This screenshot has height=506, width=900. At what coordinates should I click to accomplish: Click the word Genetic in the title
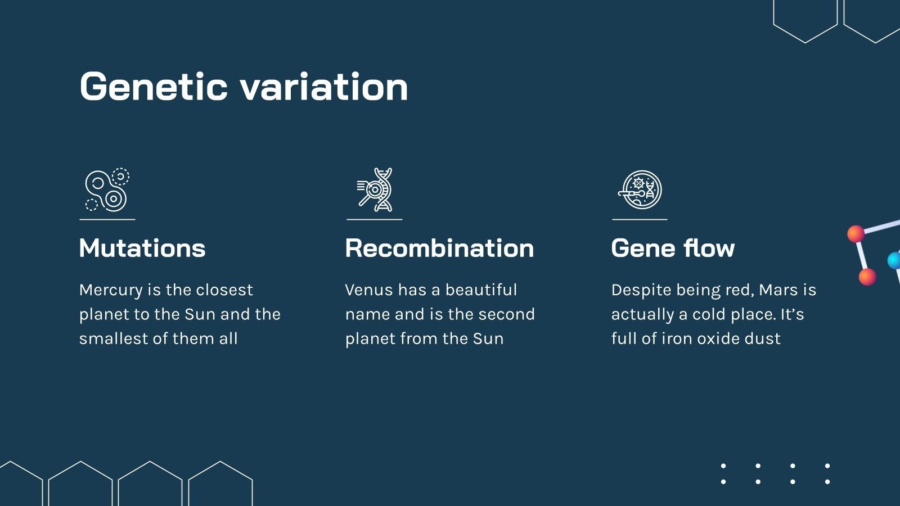tap(154, 87)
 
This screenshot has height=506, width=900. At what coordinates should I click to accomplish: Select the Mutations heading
tap(142, 248)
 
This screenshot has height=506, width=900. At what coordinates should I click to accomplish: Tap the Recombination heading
tap(439, 248)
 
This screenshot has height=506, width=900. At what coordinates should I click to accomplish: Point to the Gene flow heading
tap(673, 248)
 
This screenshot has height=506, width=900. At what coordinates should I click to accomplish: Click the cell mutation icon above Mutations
tap(107, 190)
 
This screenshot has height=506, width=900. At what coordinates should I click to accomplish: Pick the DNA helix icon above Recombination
tap(375, 190)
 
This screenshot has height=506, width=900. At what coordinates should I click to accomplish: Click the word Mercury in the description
tap(111, 290)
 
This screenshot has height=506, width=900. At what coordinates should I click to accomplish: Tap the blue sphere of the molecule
tap(894, 260)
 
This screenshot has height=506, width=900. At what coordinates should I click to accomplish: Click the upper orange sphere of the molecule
tap(856, 233)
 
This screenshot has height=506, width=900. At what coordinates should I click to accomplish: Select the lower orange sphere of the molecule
tap(867, 277)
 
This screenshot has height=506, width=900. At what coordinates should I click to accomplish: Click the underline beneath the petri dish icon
tap(640, 219)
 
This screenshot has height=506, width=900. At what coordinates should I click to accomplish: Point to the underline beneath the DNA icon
tap(374, 219)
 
